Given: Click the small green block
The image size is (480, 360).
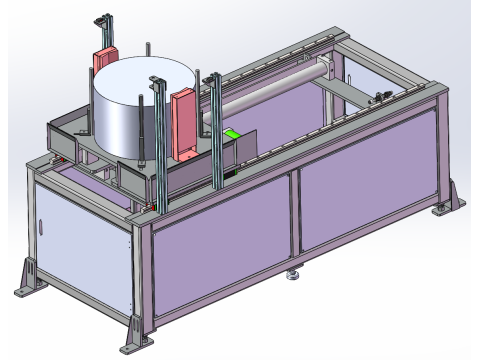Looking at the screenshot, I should pos(232,135).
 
